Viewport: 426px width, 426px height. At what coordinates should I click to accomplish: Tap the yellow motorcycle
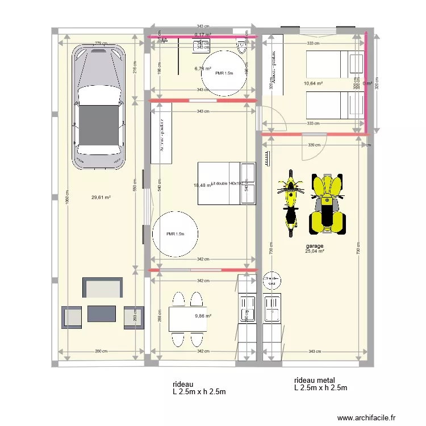pos(290,202)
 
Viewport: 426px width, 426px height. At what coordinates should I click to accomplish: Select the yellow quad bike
pos(327,204)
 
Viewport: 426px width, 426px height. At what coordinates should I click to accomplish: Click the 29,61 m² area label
pos(101,198)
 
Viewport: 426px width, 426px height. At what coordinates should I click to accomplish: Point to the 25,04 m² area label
pos(314,251)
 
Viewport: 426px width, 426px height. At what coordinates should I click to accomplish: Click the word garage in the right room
pos(314,245)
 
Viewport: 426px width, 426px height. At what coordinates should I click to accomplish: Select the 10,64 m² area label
pos(313,83)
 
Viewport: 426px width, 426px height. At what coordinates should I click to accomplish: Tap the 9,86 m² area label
pos(203,316)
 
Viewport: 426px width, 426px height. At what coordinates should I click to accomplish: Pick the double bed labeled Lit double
pos(226,183)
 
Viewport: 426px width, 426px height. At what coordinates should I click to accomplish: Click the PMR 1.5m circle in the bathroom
pos(224,73)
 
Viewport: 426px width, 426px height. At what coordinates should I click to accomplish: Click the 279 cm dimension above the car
pos(101,43)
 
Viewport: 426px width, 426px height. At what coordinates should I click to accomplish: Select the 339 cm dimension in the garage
pos(314,145)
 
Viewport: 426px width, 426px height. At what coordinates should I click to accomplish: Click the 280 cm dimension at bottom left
pos(101,352)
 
